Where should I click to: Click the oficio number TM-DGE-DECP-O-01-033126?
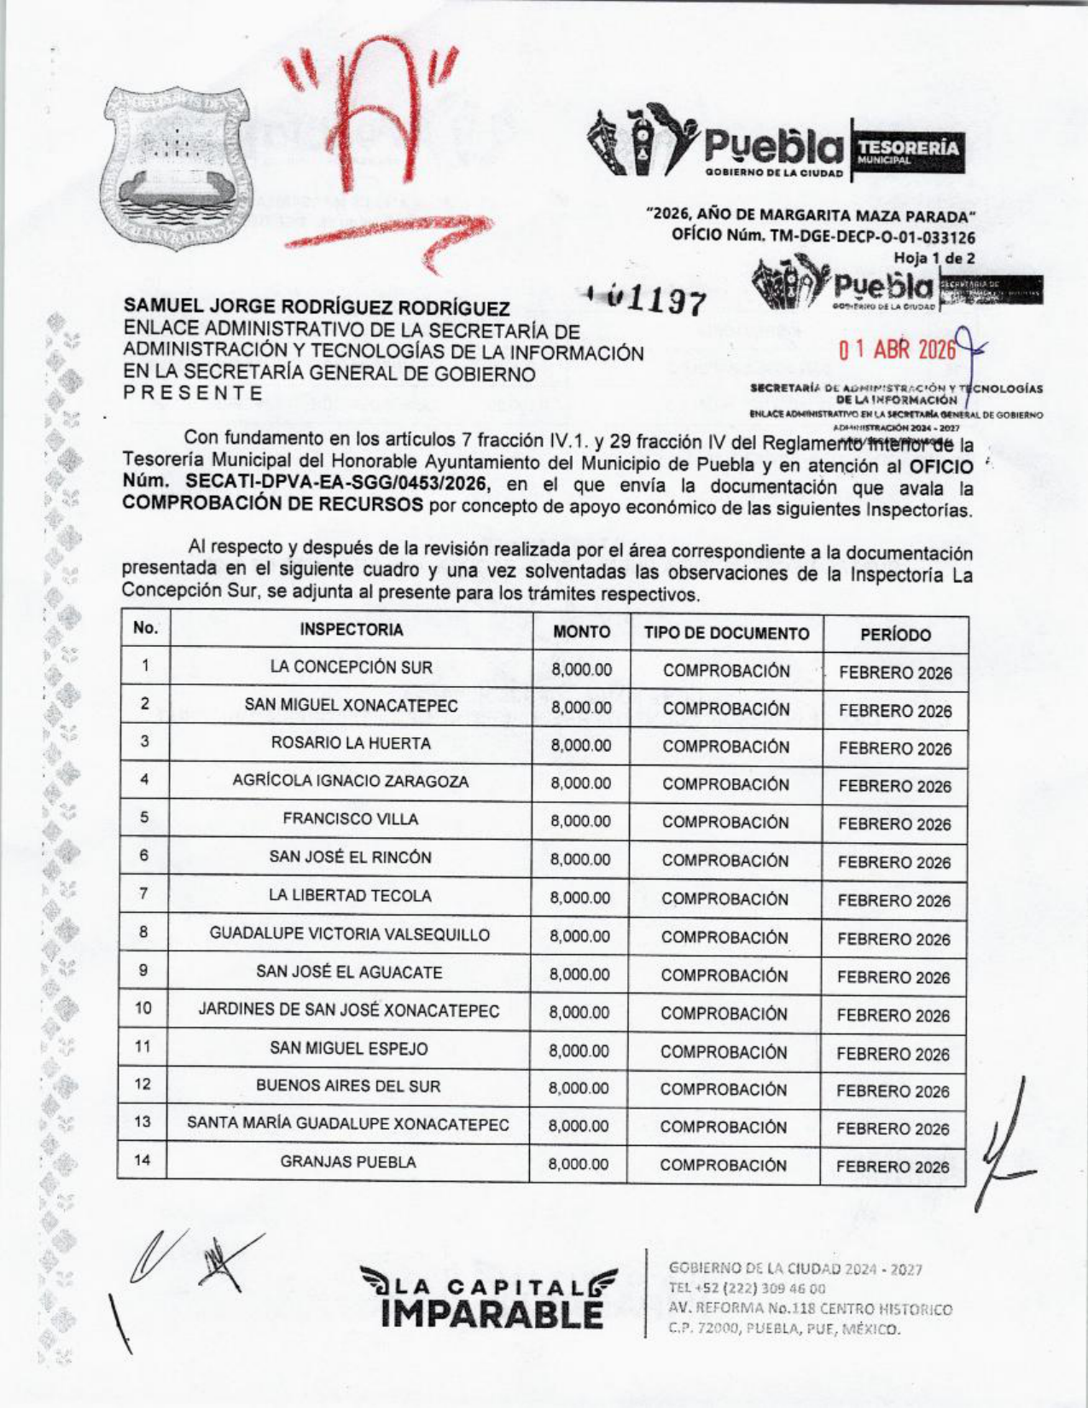823,237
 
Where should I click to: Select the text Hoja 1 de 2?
934,258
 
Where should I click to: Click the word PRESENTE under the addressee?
194,393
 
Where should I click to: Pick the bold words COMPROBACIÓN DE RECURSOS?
273,504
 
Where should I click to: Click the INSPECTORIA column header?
352,631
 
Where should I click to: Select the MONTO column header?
581,632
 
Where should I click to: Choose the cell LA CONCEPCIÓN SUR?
352,668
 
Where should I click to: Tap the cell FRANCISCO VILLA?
351,819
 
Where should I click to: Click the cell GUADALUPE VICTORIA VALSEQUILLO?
350,934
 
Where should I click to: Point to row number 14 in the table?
143,1161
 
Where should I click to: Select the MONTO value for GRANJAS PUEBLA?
579,1165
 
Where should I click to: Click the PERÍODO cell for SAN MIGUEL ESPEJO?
893,1054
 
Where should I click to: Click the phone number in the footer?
748,1289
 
